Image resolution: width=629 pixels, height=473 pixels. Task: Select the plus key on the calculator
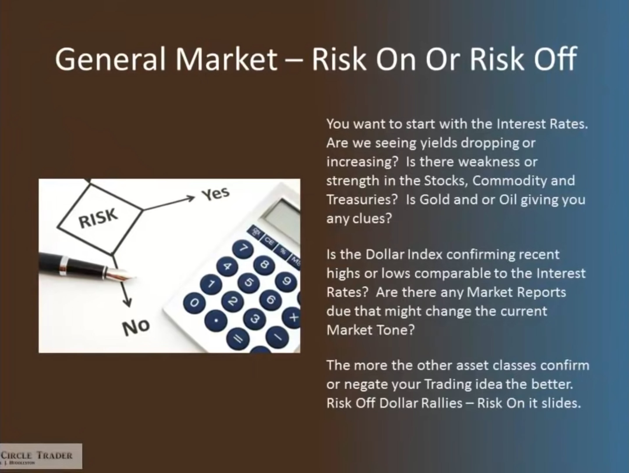294,318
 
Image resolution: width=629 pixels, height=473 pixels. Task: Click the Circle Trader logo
41,456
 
